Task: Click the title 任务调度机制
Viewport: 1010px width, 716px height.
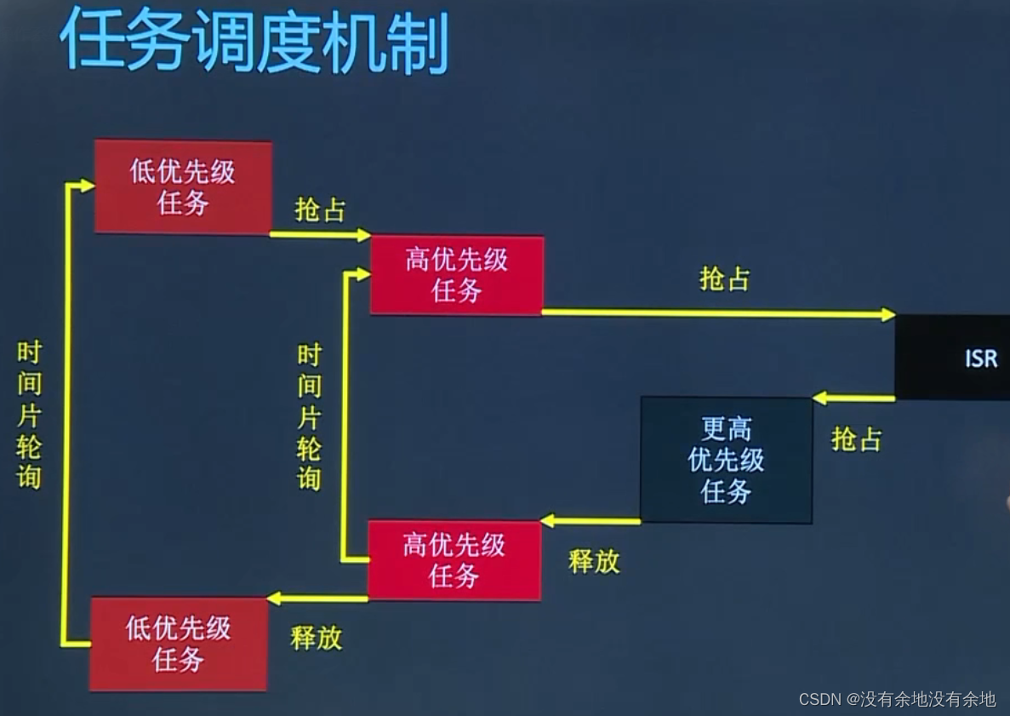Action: pyautogui.click(x=254, y=40)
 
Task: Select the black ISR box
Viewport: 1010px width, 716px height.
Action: pyautogui.click(x=952, y=358)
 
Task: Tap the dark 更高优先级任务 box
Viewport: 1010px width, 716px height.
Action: pyautogui.click(x=726, y=460)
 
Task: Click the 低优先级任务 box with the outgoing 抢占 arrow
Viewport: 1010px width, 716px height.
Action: pyautogui.click(x=183, y=187)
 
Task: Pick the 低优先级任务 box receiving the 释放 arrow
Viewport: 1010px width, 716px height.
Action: pyautogui.click(x=179, y=644)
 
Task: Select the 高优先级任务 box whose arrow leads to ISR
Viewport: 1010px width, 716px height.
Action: pyautogui.click(x=457, y=275)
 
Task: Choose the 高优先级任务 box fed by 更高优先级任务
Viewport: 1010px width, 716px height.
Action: pyautogui.click(x=454, y=560)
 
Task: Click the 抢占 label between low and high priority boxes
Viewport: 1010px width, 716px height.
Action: pyautogui.click(x=320, y=210)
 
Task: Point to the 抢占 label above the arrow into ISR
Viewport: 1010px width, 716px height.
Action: pyautogui.click(x=724, y=278)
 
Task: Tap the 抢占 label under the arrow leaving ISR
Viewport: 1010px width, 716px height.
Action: pyautogui.click(x=856, y=439)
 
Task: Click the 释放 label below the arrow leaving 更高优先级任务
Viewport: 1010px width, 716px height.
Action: pyautogui.click(x=594, y=561)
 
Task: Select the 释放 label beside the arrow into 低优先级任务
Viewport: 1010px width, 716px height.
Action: pyautogui.click(x=316, y=638)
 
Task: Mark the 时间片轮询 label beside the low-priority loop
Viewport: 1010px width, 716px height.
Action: pyautogui.click(x=29, y=415)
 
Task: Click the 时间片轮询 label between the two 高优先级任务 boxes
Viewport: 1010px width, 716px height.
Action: pyautogui.click(x=309, y=416)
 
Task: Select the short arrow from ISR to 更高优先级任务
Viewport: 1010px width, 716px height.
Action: pyautogui.click(x=853, y=398)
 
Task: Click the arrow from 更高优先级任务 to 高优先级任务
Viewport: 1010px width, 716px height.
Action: pyautogui.click(x=591, y=520)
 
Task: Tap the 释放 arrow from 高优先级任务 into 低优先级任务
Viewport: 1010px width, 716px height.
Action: pyautogui.click(x=317, y=599)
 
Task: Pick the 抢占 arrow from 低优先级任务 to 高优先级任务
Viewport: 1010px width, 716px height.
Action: pyautogui.click(x=320, y=234)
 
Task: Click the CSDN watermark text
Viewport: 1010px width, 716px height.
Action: pyautogui.click(x=896, y=699)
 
